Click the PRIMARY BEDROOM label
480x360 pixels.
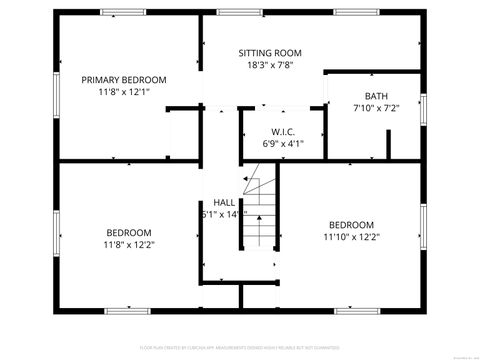pyautogui.click(x=124, y=79)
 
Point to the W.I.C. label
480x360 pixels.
pyautogui.click(x=283, y=131)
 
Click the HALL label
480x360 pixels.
pyautogui.click(x=224, y=202)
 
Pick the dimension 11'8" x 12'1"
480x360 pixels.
pyautogui.click(x=124, y=92)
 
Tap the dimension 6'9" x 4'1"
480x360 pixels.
pyautogui.click(x=283, y=144)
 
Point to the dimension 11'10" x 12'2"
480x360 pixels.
pyautogui.click(x=351, y=237)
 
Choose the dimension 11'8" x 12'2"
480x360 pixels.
pyautogui.click(x=129, y=244)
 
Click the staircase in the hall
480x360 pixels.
pyautogui.click(x=259, y=212)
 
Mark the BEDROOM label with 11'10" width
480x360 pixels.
pyautogui.click(x=351, y=224)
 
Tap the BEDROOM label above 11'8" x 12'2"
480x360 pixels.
pyautogui.click(x=129, y=231)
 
